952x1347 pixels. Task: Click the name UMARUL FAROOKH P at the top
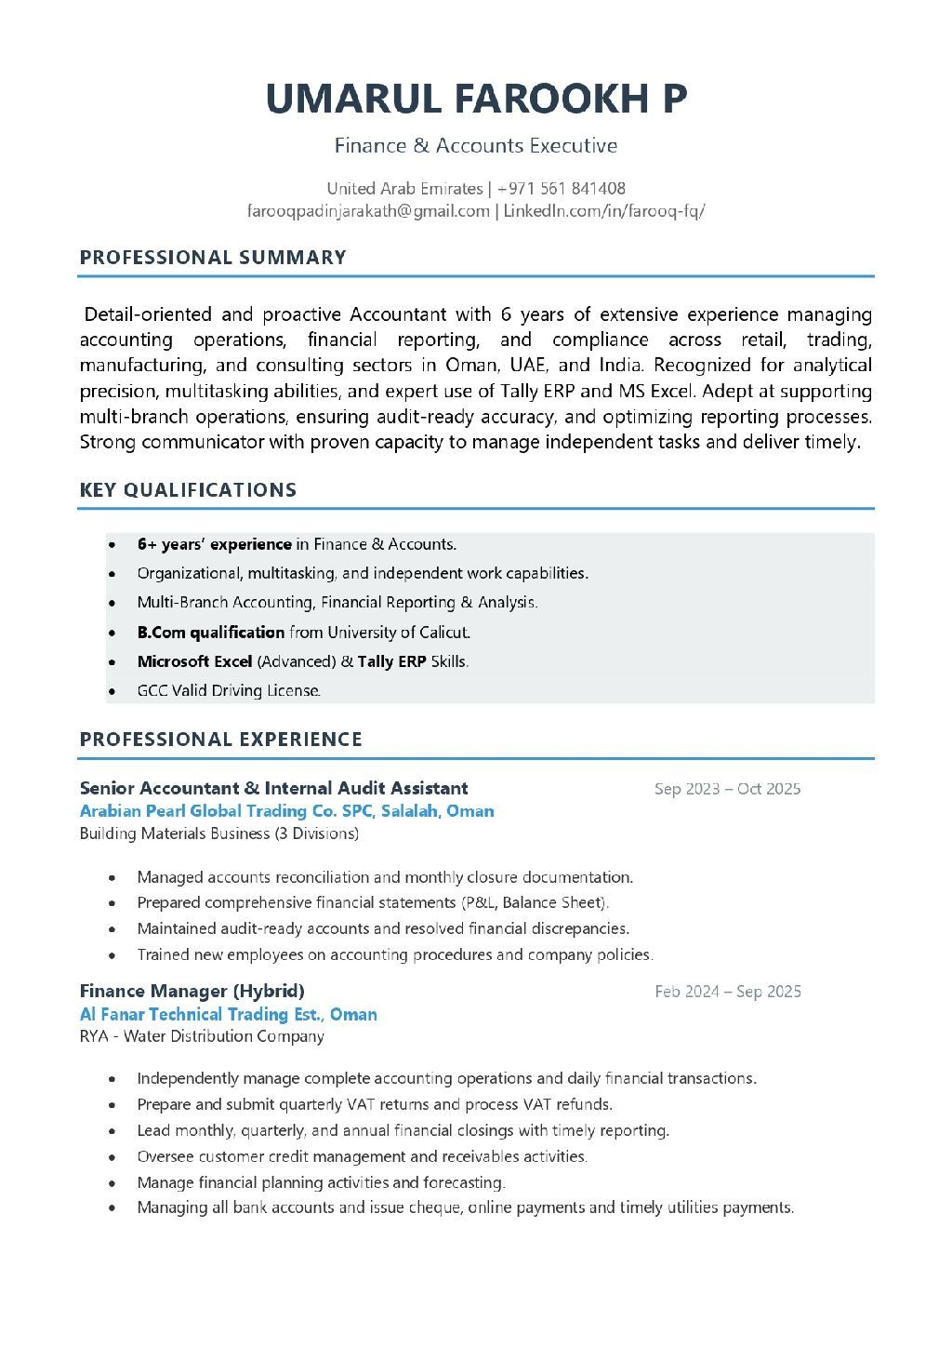[476, 99]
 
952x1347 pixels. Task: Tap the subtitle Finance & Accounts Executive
[476, 146]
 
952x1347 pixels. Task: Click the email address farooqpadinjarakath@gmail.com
[368, 211]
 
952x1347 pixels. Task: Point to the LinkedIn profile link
[604, 211]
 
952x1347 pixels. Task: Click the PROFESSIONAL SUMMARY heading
[213, 258]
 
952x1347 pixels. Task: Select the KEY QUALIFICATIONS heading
[188, 490]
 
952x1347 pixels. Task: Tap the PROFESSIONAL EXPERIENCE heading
[221, 740]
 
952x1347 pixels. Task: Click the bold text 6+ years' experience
[214, 544]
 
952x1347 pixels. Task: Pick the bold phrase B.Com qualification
[211, 633]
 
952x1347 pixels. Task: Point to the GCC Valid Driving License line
[229, 690]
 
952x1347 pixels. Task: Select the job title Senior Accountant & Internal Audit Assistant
[273, 789]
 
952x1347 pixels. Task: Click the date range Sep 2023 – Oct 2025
[727, 789]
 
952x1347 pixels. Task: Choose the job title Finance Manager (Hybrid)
[192, 991]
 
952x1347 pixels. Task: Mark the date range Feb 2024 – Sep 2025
[727, 992]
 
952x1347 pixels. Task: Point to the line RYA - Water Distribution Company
[202, 1036]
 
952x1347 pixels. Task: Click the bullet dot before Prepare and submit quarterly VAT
[112, 1105]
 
